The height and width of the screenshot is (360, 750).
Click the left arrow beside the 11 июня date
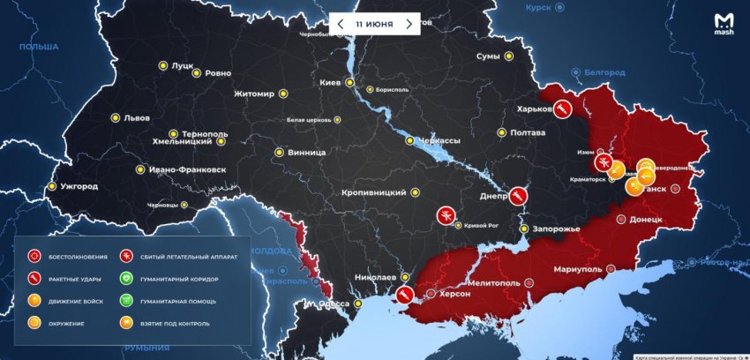(x=341, y=24)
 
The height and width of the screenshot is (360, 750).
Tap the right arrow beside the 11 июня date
(x=409, y=24)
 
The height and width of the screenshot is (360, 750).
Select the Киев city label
(x=329, y=83)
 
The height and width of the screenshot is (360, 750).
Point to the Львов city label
(x=136, y=117)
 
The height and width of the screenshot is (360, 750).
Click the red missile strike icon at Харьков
(x=560, y=109)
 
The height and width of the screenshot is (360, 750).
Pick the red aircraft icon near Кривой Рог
(x=446, y=215)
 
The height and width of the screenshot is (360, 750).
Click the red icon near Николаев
(x=406, y=294)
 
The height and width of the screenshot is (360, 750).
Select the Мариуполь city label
(x=578, y=268)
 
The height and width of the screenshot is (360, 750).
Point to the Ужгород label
(x=79, y=187)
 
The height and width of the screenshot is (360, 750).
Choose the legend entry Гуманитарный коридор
(x=182, y=279)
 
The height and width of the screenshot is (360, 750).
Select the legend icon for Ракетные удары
(x=34, y=279)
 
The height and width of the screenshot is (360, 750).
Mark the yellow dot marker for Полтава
(x=502, y=133)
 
